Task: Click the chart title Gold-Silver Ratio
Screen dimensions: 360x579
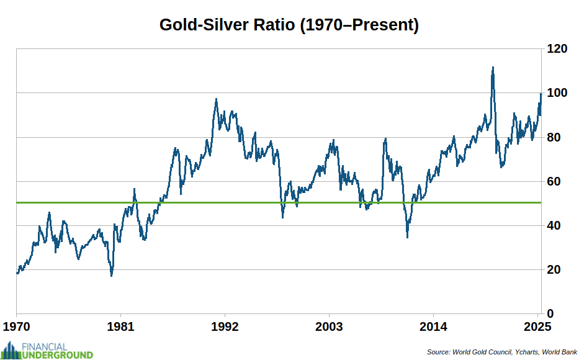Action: coord(289,25)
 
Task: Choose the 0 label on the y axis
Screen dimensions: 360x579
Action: coord(549,313)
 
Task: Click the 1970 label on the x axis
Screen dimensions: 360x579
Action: coord(16,327)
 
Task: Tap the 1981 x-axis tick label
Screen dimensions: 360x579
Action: coord(120,327)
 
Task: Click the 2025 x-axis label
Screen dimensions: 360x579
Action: coord(537,327)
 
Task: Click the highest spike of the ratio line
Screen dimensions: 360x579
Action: coord(493,67)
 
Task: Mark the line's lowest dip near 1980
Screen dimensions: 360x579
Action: coord(112,275)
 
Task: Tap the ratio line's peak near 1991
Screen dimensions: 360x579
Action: coord(216,99)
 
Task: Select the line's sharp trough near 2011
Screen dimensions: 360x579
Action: coord(407,236)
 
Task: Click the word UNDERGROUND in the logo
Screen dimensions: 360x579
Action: coord(58,355)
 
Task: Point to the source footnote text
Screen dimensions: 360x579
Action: coord(502,352)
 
